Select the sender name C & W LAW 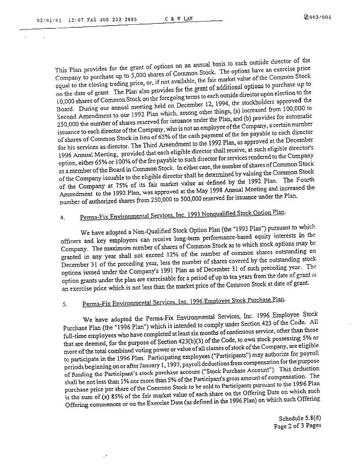pyautogui.click(x=178, y=19)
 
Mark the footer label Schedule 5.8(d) pyautogui.click(x=300, y=418)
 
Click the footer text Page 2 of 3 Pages pyautogui.click(x=297, y=426)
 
